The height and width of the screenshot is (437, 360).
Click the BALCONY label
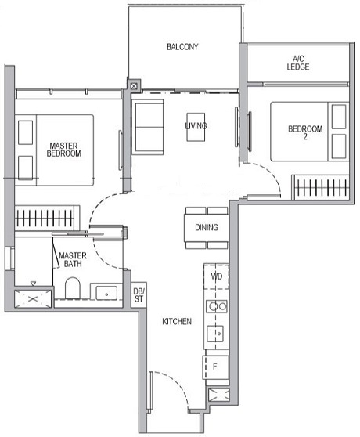(x=182, y=47)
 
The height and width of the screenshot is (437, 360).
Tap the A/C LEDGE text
(x=298, y=63)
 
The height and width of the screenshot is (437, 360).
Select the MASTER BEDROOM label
(x=63, y=150)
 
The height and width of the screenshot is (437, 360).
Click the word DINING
(x=207, y=228)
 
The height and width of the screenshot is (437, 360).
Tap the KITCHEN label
(x=178, y=321)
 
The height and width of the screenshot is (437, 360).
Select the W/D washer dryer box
(x=216, y=276)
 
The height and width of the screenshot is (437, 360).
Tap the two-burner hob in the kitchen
(x=216, y=307)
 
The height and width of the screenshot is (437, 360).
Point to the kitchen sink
(x=216, y=336)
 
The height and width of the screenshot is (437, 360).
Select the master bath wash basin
(x=104, y=293)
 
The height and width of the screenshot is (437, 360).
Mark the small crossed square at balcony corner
(x=134, y=85)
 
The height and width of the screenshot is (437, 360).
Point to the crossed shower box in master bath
(x=31, y=298)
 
